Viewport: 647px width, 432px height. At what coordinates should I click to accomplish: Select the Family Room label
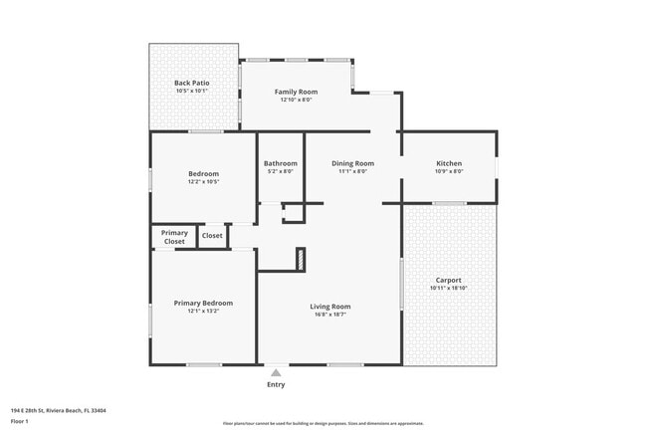click(297, 92)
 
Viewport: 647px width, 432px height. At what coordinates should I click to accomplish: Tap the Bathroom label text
click(281, 163)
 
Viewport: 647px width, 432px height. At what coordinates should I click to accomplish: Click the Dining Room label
click(353, 163)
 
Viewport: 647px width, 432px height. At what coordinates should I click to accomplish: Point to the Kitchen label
click(449, 163)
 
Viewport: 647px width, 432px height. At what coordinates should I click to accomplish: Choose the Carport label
click(449, 280)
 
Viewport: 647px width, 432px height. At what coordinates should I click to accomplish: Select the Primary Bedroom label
click(203, 303)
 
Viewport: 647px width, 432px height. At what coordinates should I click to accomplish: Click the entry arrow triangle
click(276, 373)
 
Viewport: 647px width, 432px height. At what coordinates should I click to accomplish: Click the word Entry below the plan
click(276, 385)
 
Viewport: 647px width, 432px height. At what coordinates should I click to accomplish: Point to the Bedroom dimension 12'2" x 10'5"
click(203, 181)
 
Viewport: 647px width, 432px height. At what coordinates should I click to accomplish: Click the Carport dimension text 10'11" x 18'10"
click(449, 289)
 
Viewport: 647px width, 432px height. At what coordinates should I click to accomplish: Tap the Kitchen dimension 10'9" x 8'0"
click(449, 171)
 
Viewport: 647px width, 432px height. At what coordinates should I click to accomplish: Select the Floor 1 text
click(19, 421)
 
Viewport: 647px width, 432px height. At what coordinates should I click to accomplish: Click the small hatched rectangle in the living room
click(299, 259)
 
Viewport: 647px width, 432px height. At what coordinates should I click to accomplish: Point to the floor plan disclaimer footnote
click(323, 423)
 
